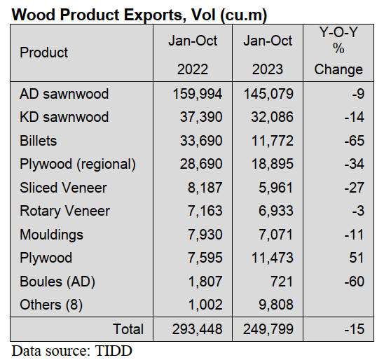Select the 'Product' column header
point(44,53)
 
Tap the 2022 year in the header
point(192,69)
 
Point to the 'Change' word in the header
point(338,69)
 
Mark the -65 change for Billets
point(355,141)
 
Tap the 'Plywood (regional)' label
point(78,164)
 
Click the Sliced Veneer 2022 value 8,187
point(203,187)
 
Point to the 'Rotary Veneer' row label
point(65,211)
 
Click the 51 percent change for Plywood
point(357,258)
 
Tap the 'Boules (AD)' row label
point(57,281)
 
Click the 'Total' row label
point(128,329)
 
